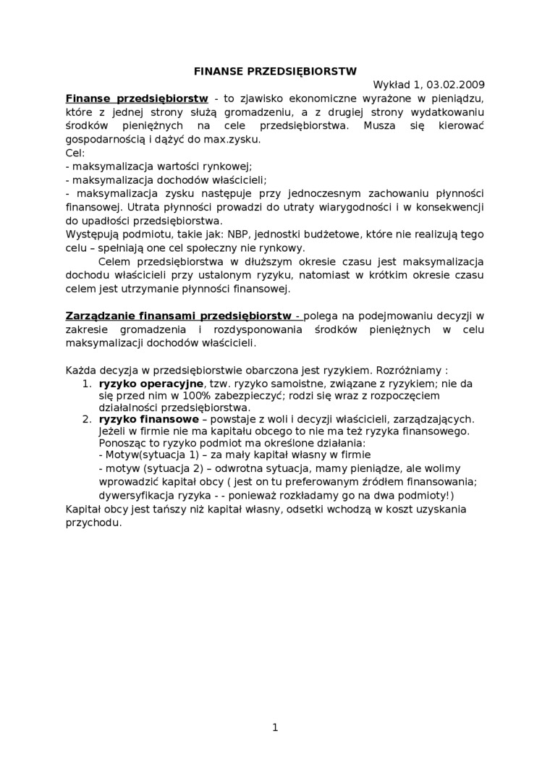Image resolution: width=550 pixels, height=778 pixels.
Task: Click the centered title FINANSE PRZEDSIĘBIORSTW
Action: coord(276,71)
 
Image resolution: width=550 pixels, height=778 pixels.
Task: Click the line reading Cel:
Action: coord(75,153)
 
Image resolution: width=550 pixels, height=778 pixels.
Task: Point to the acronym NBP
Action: coord(238,234)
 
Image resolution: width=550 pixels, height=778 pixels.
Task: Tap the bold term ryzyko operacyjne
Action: coord(151,383)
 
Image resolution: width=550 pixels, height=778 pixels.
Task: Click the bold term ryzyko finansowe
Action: coord(148,418)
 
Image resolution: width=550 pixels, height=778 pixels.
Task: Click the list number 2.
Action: coord(85,418)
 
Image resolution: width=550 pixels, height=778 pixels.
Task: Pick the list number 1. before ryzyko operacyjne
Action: coord(85,383)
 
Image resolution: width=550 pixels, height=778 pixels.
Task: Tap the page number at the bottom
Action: coord(275,727)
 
